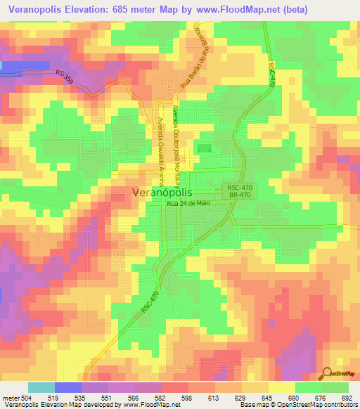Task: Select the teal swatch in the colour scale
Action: coord(41,387)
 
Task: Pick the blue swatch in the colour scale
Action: coord(67,387)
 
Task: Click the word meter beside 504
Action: coord(10,398)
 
